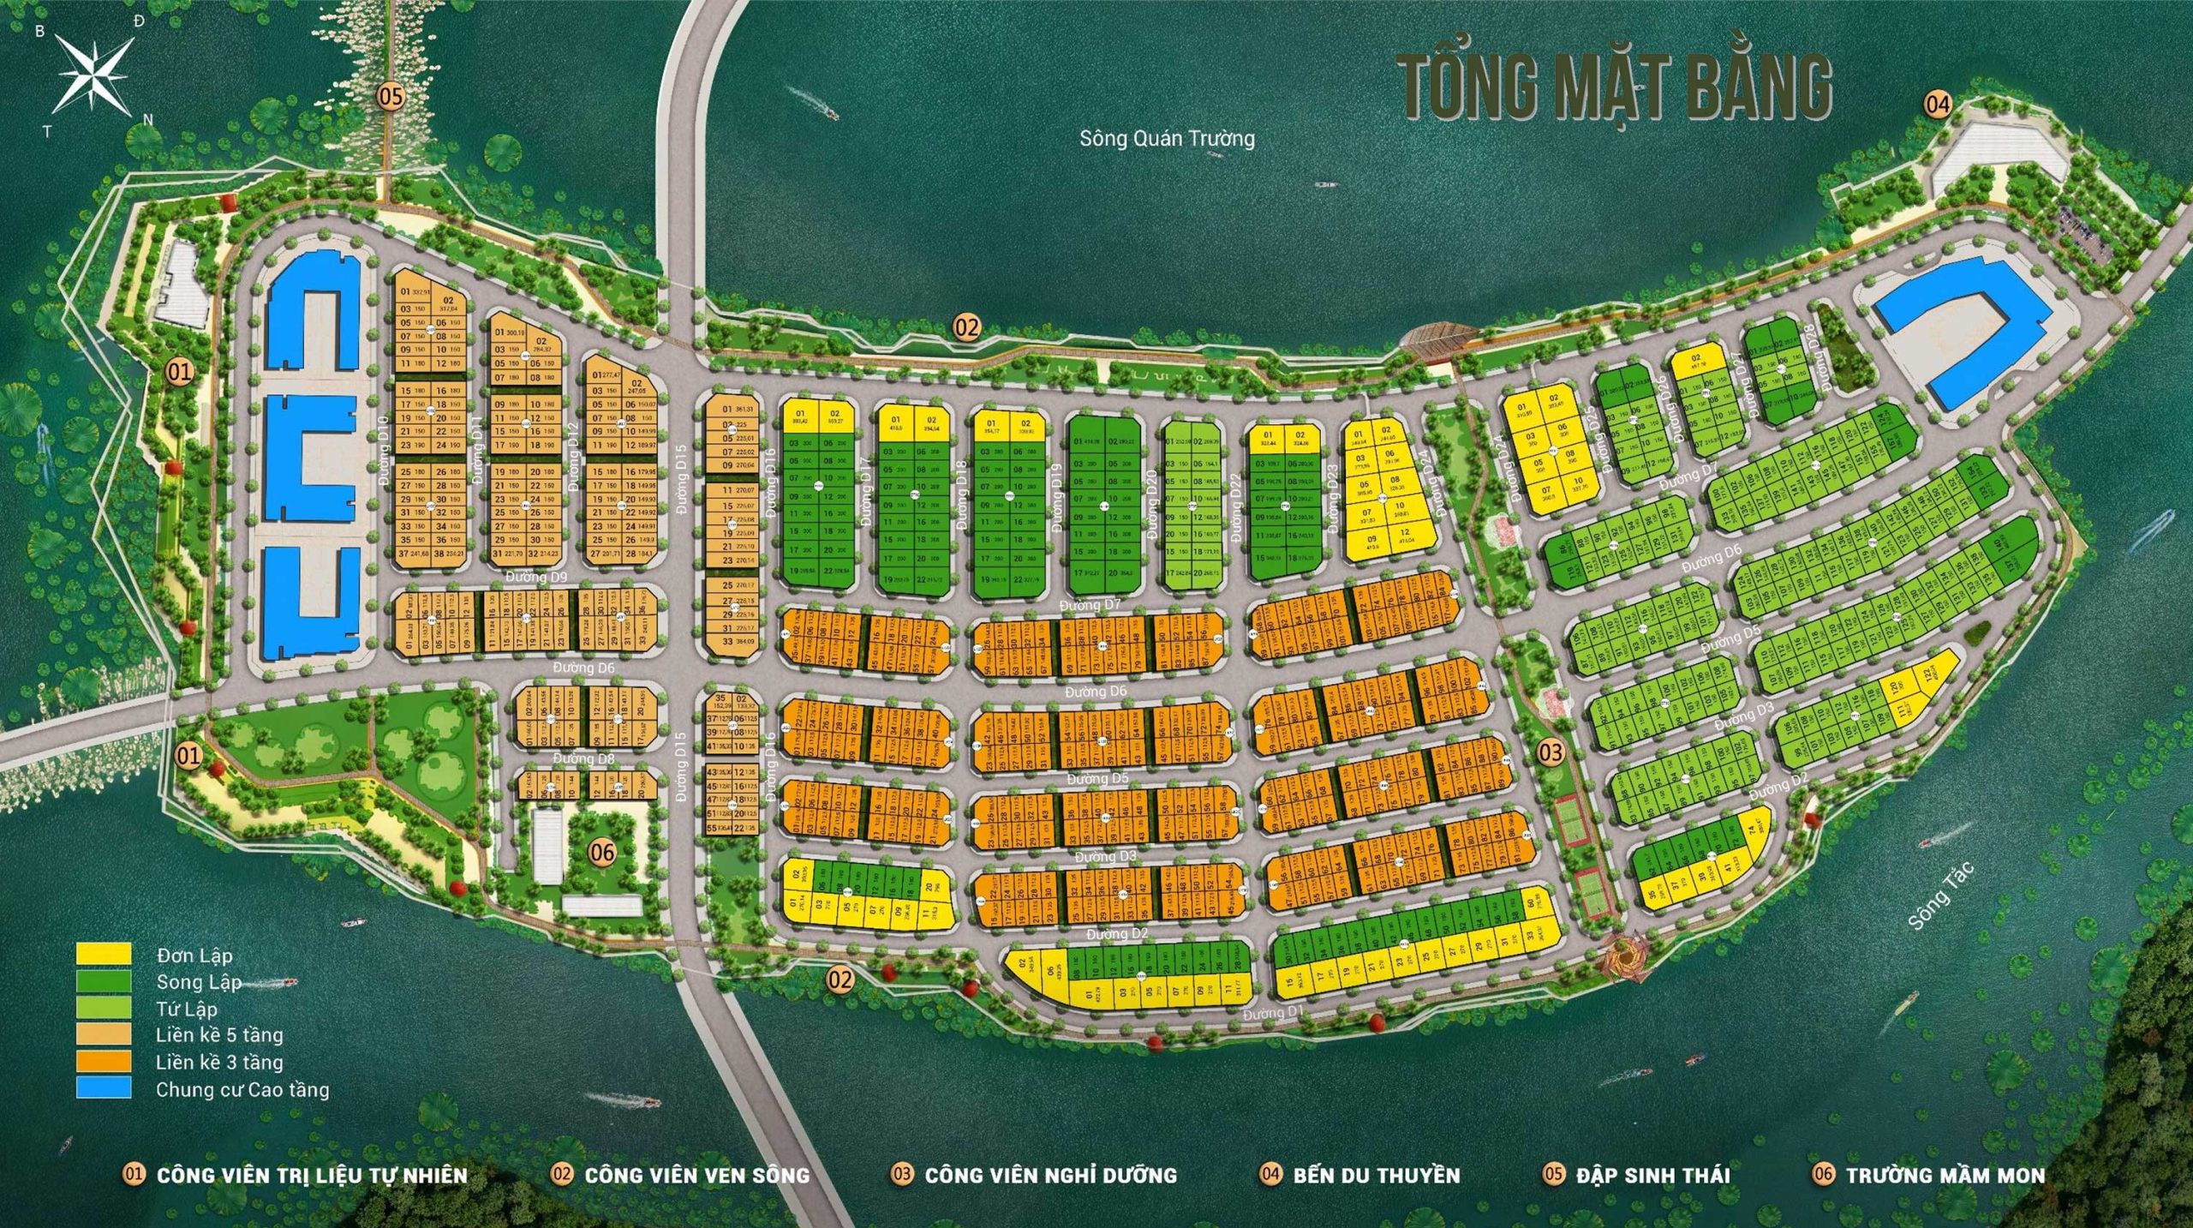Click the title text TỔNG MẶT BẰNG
click(x=1616, y=87)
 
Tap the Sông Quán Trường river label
click(x=1167, y=138)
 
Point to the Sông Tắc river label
click(x=1942, y=896)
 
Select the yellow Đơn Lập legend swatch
click(x=104, y=953)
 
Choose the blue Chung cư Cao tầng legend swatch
click(x=104, y=1088)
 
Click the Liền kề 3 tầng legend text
click(x=219, y=1062)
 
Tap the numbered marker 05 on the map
click(x=391, y=97)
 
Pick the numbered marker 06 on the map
click(x=602, y=852)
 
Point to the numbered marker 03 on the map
click(x=1551, y=752)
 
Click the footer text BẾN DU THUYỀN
click(x=1376, y=1174)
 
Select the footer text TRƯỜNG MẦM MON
click(x=1945, y=1174)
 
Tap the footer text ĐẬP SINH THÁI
click(x=1652, y=1174)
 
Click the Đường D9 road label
click(x=536, y=577)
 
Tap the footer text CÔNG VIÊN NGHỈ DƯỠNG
click(x=1050, y=1174)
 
